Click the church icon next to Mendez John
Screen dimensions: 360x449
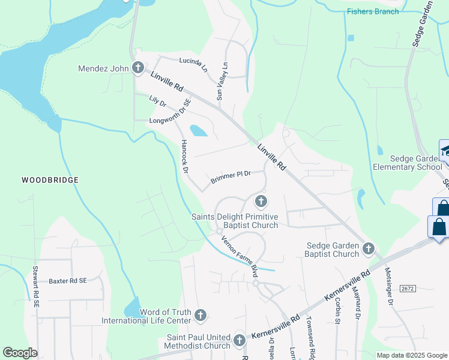(x=137, y=68)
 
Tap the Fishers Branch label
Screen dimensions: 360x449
(x=373, y=11)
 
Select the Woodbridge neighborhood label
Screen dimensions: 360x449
(x=50, y=180)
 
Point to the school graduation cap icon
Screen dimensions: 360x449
(x=446, y=151)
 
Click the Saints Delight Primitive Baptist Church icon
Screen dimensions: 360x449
(x=261, y=201)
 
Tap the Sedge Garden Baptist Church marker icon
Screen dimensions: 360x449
(x=369, y=248)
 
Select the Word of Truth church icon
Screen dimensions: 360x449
(x=200, y=315)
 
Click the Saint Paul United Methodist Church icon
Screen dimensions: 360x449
(x=240, y=341)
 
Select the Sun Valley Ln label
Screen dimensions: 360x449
(x=222, y=82)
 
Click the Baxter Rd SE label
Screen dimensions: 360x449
(x=68, y=280)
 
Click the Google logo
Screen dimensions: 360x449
(x=20, y=353)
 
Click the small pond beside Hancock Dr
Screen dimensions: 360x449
(x=197, y=131)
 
